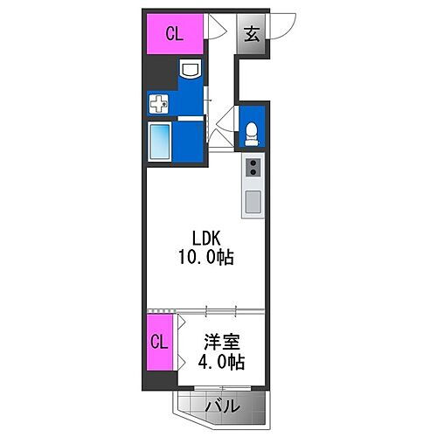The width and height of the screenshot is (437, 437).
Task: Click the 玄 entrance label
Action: click(x=251, y=35)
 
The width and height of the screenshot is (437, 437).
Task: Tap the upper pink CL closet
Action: click(x=174, y=35)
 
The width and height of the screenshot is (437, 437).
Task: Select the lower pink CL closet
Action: click(x=157, y=341)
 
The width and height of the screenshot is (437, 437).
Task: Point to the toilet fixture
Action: click(x=252, y=131)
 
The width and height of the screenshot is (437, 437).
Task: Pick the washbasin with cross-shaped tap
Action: click(x=157, y=105)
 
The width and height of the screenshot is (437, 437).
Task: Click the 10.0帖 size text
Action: click(x=208, y=259)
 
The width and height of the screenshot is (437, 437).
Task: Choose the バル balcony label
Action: click(x=222, y=406)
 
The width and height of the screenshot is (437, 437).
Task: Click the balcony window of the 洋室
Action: click(x=222, y=389)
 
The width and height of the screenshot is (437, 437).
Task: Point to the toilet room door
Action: click(x=225, y=117)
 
